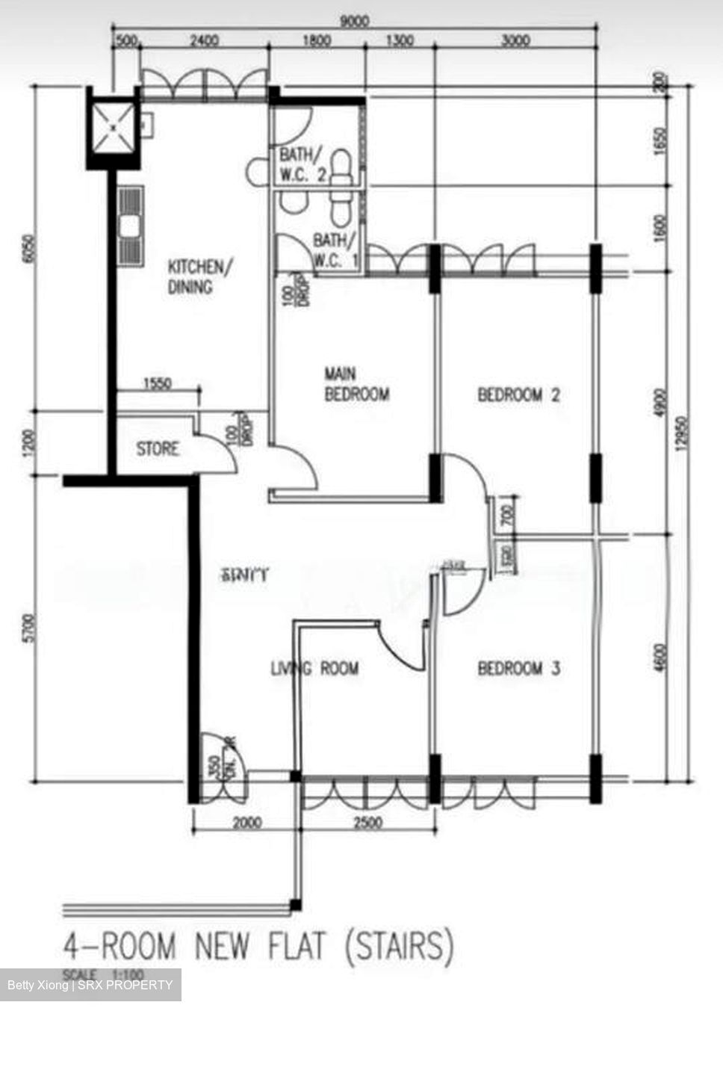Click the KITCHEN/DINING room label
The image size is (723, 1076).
point(194,276)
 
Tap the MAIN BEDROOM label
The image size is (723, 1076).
point(356,384)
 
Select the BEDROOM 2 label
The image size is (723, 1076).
point(518,395)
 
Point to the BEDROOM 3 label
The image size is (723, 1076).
point(518,668)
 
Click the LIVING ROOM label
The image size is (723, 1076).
point(314,668)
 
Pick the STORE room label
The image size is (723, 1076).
point(158,449)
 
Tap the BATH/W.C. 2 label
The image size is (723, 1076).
point(302,165)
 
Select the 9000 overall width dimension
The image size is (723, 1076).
point(353,22)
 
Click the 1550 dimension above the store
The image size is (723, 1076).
point(157,384)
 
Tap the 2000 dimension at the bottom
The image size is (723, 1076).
point(247,823)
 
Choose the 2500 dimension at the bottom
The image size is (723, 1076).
point(367,823)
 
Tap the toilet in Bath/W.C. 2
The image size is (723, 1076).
point(341,166)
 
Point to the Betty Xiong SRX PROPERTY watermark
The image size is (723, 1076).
point(90,985)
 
